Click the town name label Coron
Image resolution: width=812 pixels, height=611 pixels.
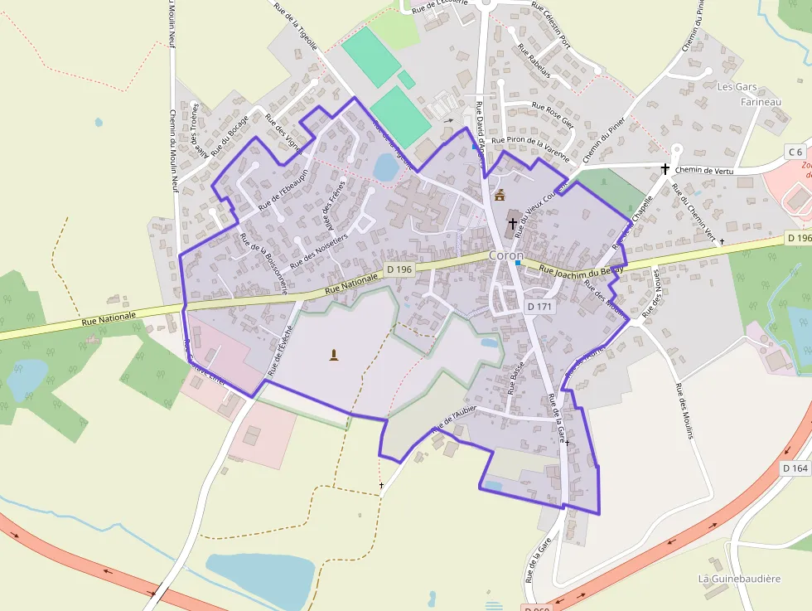505,255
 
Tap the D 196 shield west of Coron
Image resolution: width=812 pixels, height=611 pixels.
399,269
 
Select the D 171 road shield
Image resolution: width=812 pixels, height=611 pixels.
539,307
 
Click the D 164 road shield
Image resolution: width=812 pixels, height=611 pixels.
795,468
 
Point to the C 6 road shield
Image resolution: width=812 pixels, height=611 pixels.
795,151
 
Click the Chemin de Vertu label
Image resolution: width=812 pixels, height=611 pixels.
705,170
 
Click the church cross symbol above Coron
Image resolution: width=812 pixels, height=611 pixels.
513,223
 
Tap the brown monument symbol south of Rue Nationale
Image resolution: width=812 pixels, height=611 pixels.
334,356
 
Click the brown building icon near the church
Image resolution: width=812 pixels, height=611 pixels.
500,196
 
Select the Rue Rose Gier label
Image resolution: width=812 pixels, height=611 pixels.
553,114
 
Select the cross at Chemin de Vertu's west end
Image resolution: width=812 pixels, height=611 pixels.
665,169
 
